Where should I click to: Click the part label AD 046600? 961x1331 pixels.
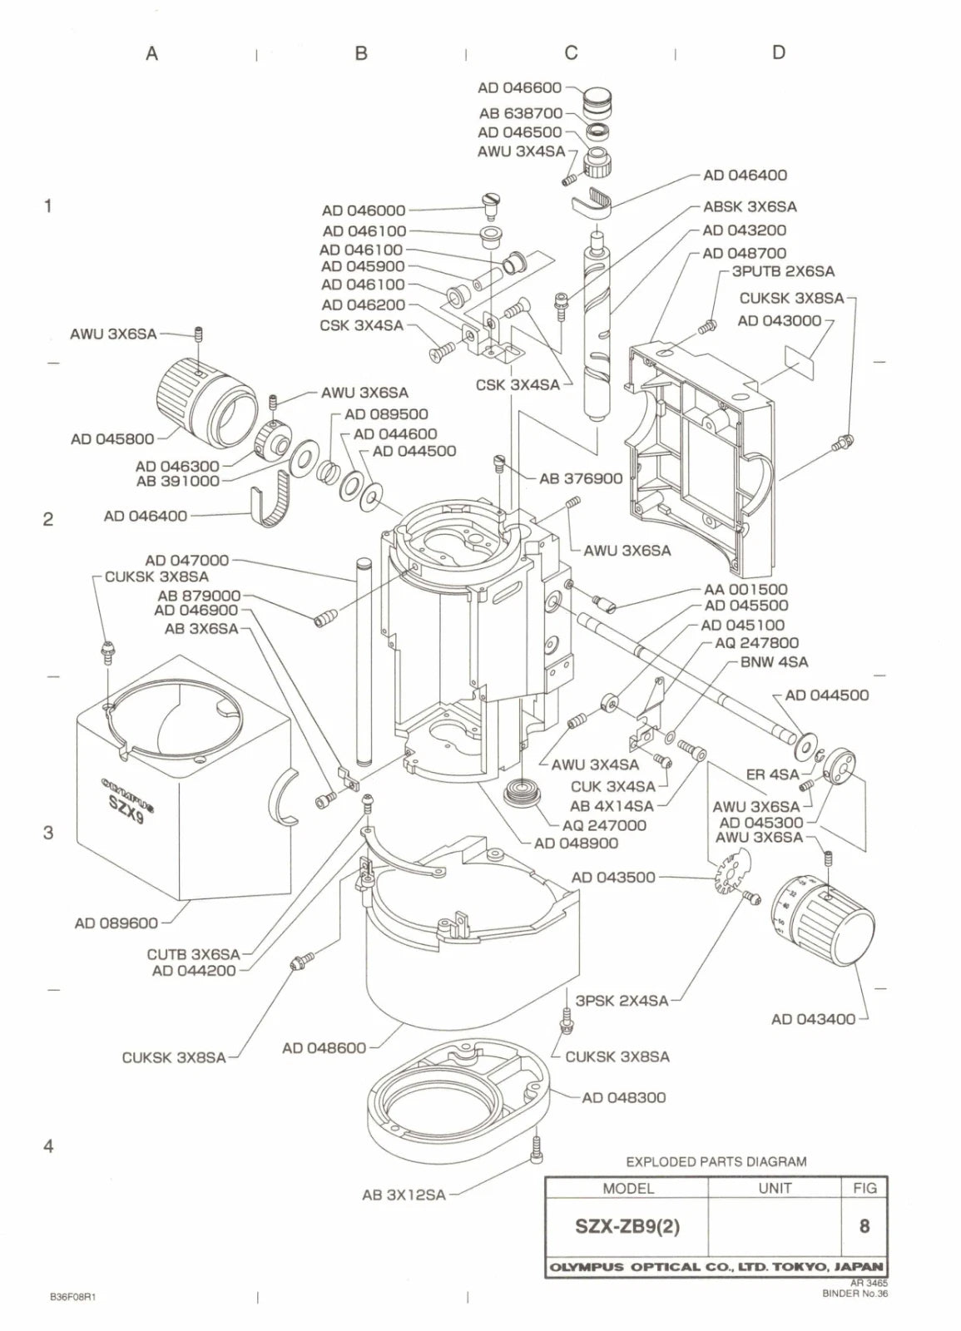[519, 87]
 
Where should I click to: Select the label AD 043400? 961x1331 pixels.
[812, 1019]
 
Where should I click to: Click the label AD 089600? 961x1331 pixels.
[116, 923]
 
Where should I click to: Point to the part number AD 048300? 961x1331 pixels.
[624, 1097]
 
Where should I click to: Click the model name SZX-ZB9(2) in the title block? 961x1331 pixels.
[627, 1226]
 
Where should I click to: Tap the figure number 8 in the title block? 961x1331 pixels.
[864, 1226]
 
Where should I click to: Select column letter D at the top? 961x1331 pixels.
[778, 52]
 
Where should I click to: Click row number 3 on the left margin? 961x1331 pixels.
[48, 833]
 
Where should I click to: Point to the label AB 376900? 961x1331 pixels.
[580, 478]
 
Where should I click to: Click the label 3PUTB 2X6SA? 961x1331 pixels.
[782, 271]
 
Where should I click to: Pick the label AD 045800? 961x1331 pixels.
[112, 438]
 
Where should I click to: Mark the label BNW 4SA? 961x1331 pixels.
[774, 662]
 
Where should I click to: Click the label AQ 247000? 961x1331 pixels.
[604, 825]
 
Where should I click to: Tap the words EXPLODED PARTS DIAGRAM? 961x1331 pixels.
[716, 1161]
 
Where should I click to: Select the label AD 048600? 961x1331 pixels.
[324, 1048]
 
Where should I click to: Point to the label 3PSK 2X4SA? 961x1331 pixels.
[622, 1001]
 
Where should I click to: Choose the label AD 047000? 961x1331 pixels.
[186, 561]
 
